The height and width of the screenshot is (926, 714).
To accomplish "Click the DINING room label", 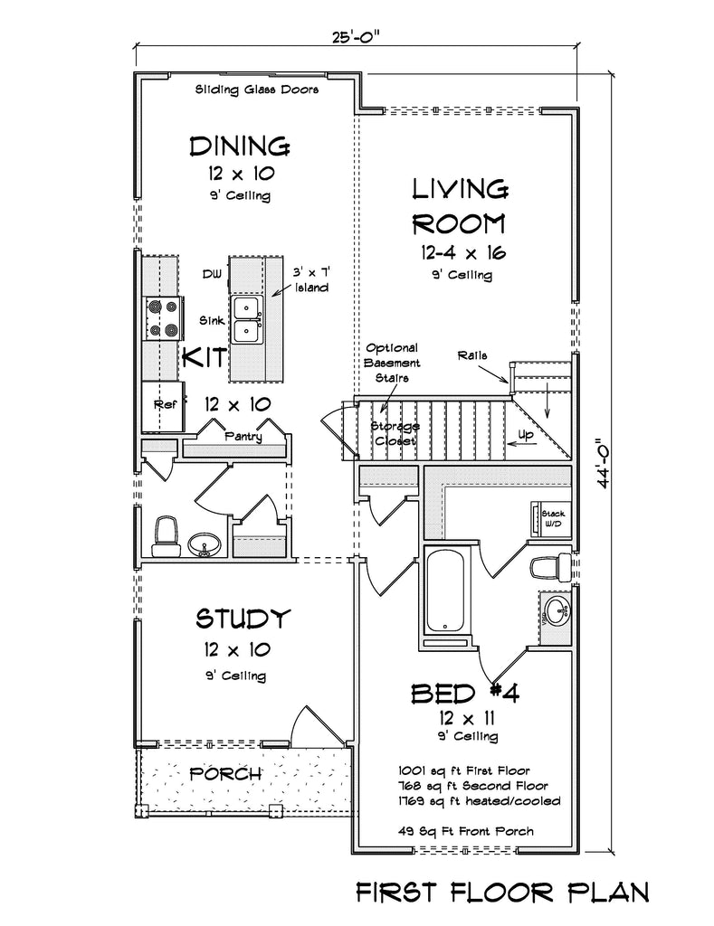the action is (x=240, y=146).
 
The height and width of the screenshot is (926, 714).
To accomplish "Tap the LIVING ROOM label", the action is (x=459, y=207).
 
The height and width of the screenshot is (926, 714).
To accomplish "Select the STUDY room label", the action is (x=243, y=619).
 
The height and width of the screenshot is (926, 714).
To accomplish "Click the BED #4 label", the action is (x=465, y=694).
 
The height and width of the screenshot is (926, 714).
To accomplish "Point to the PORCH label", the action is (x=225, y=773).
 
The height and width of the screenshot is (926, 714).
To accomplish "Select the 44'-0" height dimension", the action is (x=603, y=463).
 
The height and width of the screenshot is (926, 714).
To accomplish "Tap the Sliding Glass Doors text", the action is (x=257, y=90).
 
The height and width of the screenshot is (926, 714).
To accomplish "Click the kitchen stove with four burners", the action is (x=163, y=317).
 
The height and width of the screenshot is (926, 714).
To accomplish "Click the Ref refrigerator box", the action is (x=163, y=406).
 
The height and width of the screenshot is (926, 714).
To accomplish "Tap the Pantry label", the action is (x=243, y=437).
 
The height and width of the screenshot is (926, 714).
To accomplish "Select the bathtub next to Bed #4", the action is (x=444, y=591).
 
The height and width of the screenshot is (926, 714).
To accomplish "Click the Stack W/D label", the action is (x=553, y=518).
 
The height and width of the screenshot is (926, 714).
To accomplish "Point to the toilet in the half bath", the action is (x=166, y=537).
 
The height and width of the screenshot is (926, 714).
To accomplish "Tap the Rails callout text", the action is (x=472, y=355).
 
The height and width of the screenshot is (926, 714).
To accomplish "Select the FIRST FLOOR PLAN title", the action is (x=502, y=892).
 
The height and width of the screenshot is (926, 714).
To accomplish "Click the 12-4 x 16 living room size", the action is (x=463, y=253).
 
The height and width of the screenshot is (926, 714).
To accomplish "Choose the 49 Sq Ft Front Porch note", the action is (x=466, y=832).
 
